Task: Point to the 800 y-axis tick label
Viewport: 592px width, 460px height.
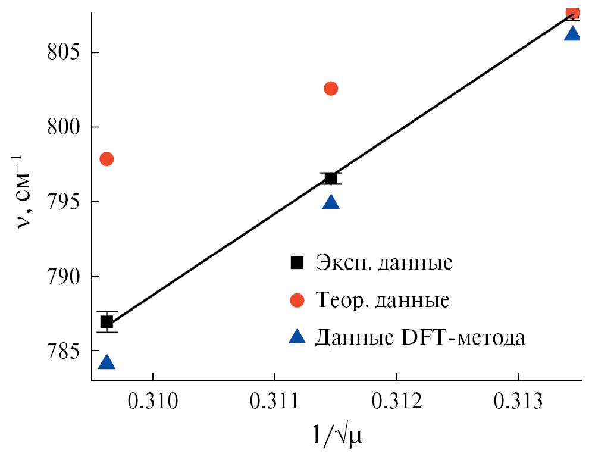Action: click(x=65, y=127)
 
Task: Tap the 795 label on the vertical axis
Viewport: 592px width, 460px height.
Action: click(x=65, y=202)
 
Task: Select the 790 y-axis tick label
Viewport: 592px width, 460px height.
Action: click(x=65, y=276)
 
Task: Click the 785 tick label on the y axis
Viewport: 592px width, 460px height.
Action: click(x=65, y=351)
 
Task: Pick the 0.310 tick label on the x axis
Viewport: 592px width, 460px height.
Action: click(x=153, y=402)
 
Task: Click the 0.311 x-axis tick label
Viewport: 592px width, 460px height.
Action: click(x=275, y=402)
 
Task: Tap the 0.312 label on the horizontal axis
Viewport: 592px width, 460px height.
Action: click(x=397, y=402)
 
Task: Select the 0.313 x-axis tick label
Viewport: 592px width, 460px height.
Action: click(x=518, y=402)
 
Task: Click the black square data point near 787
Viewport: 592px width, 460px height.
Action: click(x=107, y=322)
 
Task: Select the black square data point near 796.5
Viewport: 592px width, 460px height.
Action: click(x=331, y=178)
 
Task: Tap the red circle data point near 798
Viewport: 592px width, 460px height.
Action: click(x=107, y=159)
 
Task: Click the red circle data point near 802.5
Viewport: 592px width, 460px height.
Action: click(x=331, y=89)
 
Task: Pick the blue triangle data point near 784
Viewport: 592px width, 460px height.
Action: click(x=107, y=362)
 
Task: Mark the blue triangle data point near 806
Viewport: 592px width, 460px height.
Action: click(x=572, y=34)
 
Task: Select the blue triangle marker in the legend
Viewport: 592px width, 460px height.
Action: click(x=296, y=337)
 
